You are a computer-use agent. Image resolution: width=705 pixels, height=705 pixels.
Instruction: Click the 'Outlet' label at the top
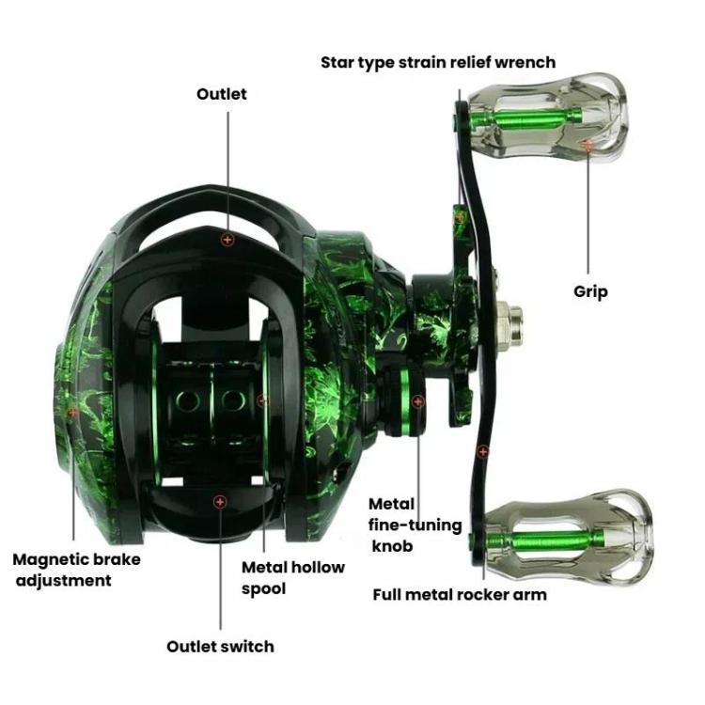(222, 94)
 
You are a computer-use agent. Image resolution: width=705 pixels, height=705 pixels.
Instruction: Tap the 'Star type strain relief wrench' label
(438, 63)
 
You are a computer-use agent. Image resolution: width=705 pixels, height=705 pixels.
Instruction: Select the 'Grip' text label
(590, 291)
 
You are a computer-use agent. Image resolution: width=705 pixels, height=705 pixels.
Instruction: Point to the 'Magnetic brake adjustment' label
(76, 570)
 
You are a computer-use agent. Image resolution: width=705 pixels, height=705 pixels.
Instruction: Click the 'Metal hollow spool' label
(293, 577)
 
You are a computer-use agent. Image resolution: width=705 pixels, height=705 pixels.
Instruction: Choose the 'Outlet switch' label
(220, 647)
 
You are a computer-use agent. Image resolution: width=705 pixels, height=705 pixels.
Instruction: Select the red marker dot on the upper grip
(587, 145)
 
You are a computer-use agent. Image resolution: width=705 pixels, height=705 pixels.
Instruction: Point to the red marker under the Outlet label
(227, 240)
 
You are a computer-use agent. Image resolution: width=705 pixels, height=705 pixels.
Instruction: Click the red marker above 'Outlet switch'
(220, 503)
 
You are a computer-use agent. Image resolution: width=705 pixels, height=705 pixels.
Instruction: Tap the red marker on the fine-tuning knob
(418, 401)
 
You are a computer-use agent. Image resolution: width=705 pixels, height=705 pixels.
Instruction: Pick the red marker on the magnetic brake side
(72, 412)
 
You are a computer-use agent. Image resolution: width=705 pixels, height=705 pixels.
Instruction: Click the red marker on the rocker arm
(483, 451)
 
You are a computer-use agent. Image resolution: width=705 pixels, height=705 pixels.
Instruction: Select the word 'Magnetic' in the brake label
(52, 559)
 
